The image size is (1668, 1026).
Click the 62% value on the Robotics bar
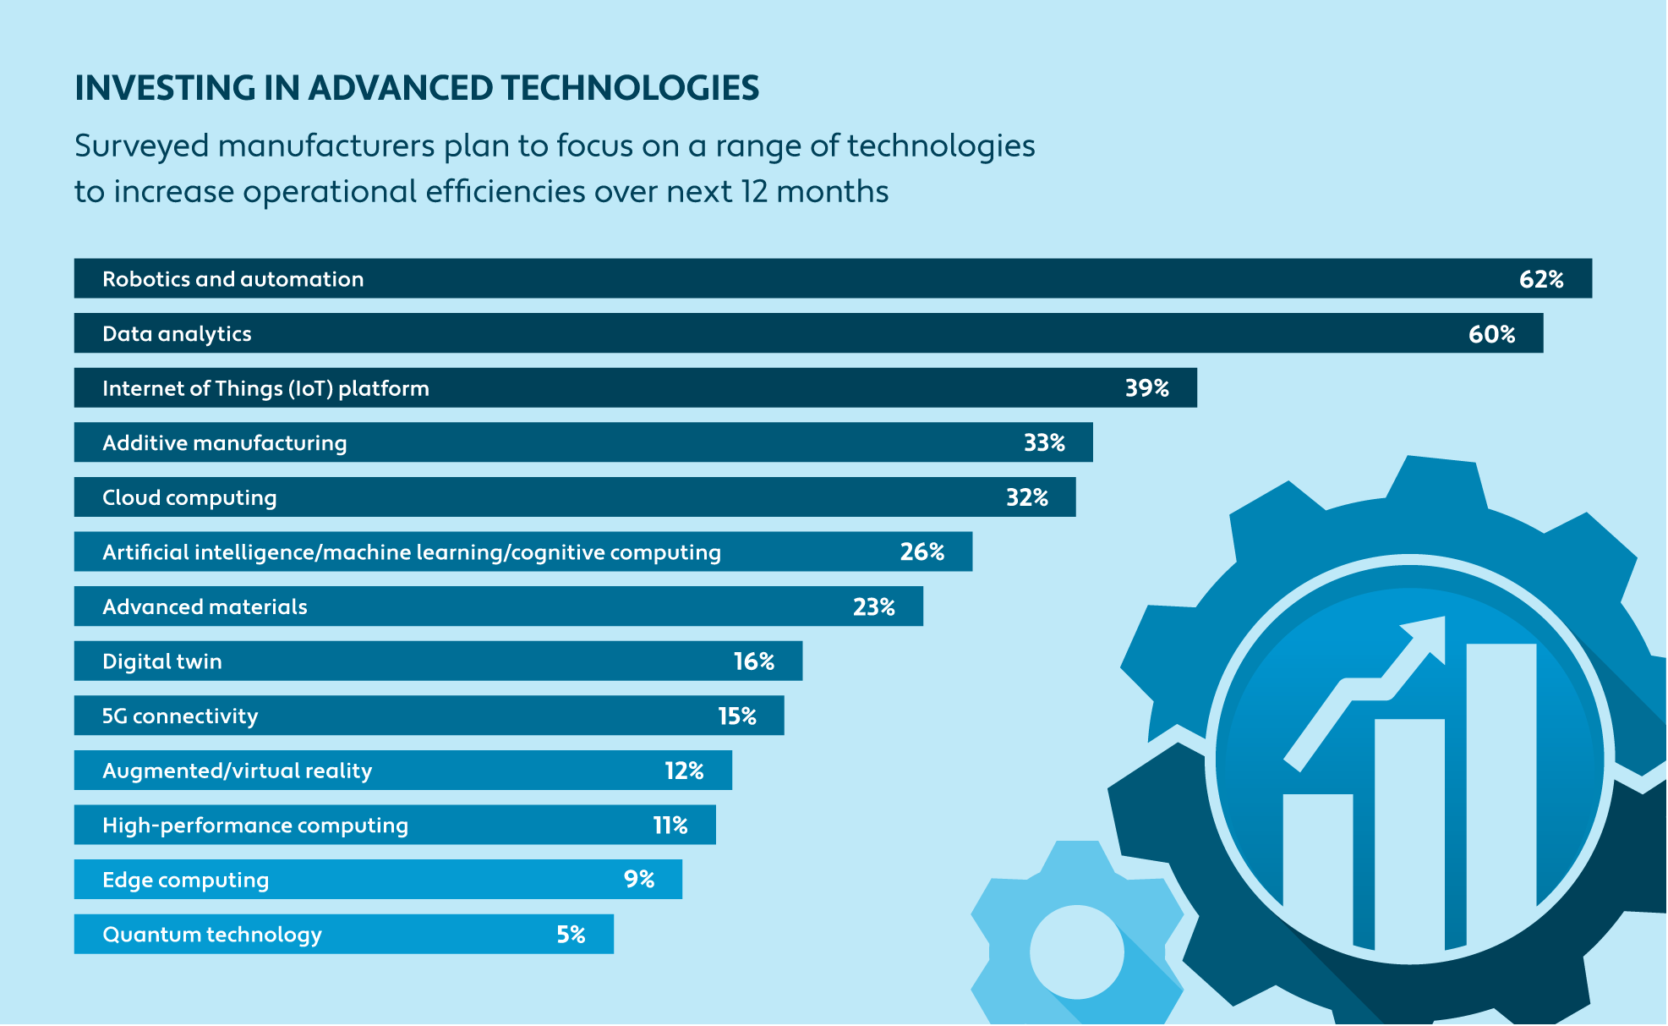[x=1540, y=279]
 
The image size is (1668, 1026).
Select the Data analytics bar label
[x=177, y=334]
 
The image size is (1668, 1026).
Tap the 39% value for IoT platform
[x=1146, y=388]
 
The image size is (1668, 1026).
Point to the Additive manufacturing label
[x=224, y=443]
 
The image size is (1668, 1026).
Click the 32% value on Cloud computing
[x=1026, y=497]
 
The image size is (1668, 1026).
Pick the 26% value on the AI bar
[x=922, y=552]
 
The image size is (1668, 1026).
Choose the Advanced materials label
[x=205, y=607]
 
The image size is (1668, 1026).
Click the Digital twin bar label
[x=162, y=661]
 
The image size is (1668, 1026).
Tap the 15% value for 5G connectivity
[x=736, y=716]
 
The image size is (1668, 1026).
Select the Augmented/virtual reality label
[x=237, y=771]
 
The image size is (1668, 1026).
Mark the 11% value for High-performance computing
[x=670, y=826]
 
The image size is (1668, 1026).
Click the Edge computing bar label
[x=185, y=881]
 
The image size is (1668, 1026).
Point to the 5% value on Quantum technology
[x=571, y=935]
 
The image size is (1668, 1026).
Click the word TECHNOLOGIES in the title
[x=630, y=88]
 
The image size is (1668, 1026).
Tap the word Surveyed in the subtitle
[x=141, y=146]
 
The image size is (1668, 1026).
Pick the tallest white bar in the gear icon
[x=1501, y=787]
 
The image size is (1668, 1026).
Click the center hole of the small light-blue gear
[x=1076, y=952]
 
